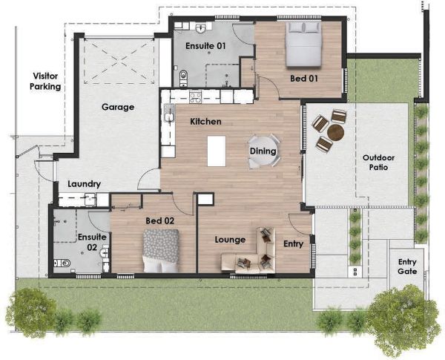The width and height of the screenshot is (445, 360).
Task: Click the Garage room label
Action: coord(117,107)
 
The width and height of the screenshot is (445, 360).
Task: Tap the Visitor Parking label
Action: coord(45,81)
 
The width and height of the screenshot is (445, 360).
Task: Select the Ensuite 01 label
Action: coord(205,46)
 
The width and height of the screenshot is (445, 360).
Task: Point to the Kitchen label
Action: coord(205,121)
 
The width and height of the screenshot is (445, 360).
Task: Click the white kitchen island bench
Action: coord(217,151)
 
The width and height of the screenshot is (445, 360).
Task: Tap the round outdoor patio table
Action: coord(335,132)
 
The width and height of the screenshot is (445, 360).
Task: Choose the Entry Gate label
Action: coord(407,266)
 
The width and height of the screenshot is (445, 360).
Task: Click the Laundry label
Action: coord(83,184)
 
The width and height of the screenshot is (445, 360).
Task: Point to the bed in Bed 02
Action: coord(161,250)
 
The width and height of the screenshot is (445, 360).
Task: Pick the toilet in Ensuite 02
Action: coord(65,262)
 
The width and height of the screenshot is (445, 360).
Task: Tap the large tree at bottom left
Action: coord(31,311)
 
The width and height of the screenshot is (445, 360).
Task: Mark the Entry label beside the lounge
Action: coord(294,243)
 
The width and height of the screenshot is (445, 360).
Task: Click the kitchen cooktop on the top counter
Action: coord(196,96)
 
